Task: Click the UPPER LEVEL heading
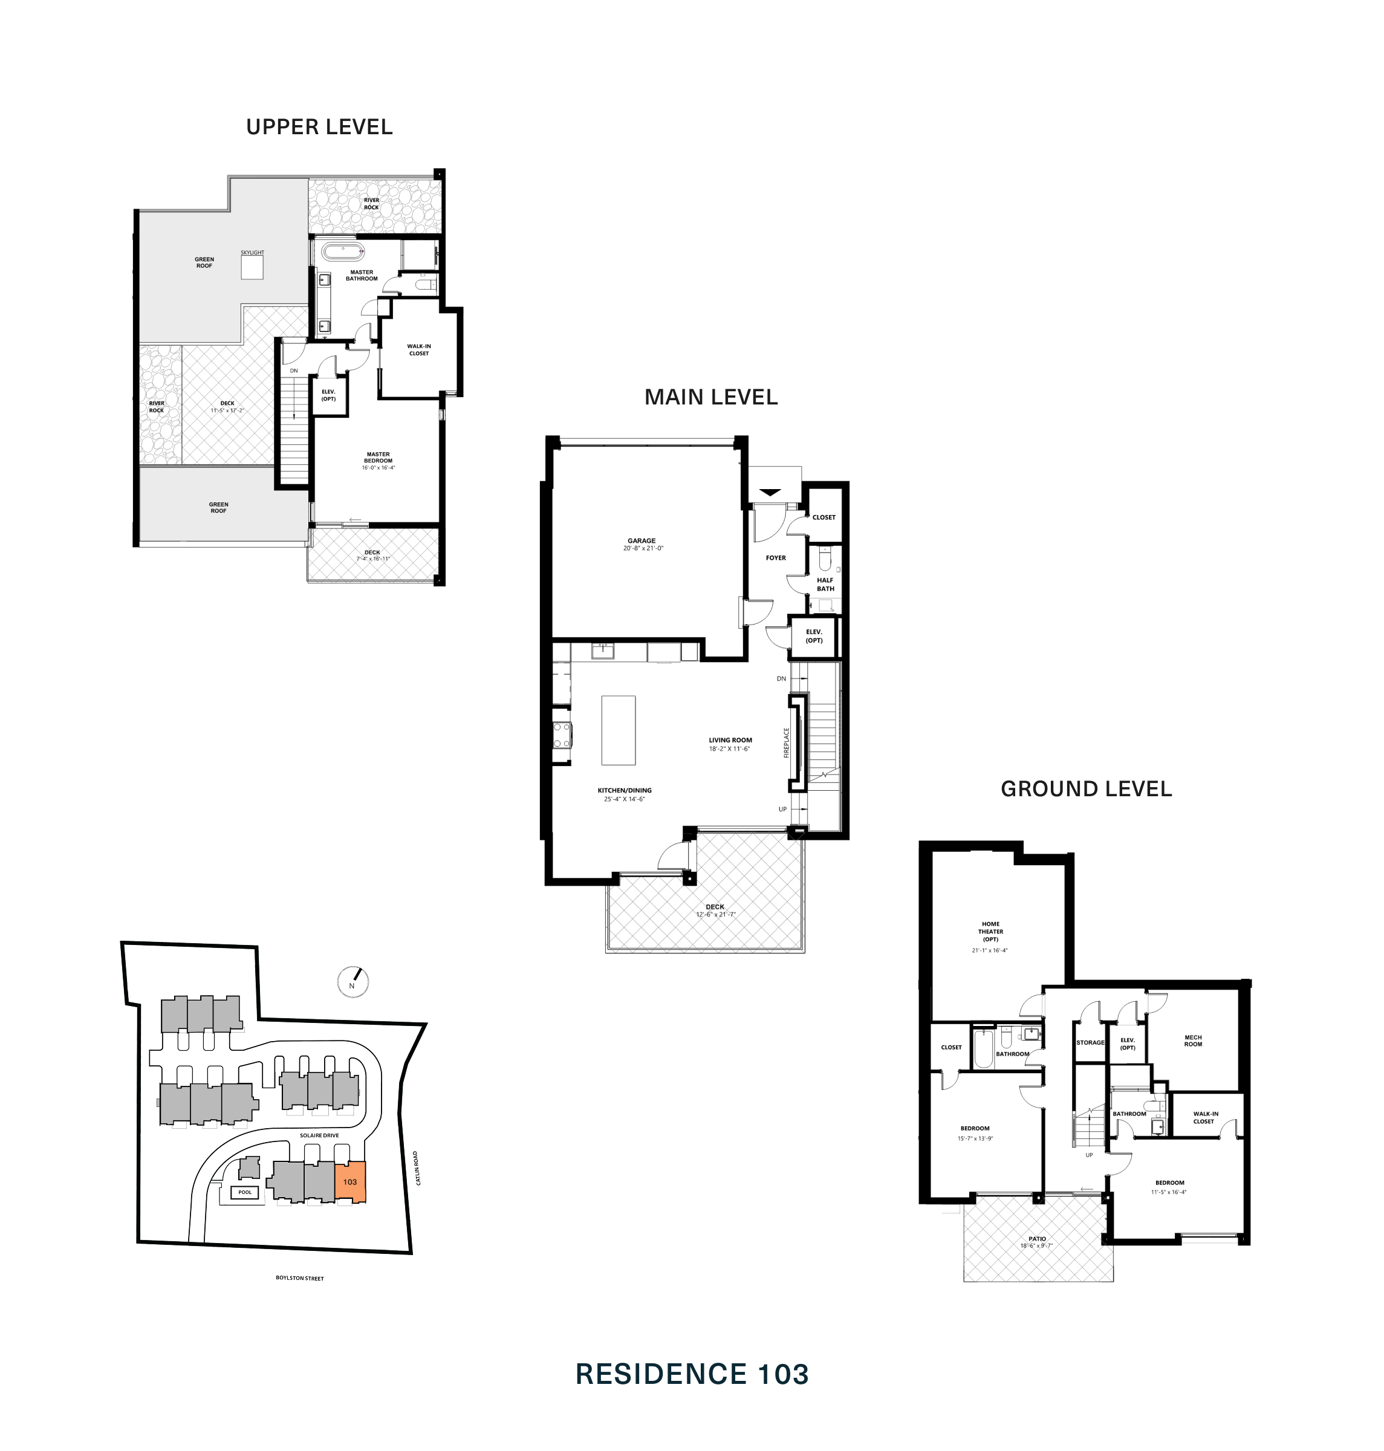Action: (319, 127)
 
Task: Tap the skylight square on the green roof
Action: (252, 268)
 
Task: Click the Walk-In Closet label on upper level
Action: (418, 349)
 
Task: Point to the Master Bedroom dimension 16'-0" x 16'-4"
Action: (378, 468)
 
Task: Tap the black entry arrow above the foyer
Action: (770, 492)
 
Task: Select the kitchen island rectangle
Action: (617, 730)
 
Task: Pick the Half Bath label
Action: (825, 584)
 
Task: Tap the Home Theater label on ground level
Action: (990, 931)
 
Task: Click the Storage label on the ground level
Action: (1090, 1042)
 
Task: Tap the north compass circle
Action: (352, 982)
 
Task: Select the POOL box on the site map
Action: (245, 1192)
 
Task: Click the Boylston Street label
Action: (299, 1277)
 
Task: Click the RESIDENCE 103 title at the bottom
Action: (691, 1374)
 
